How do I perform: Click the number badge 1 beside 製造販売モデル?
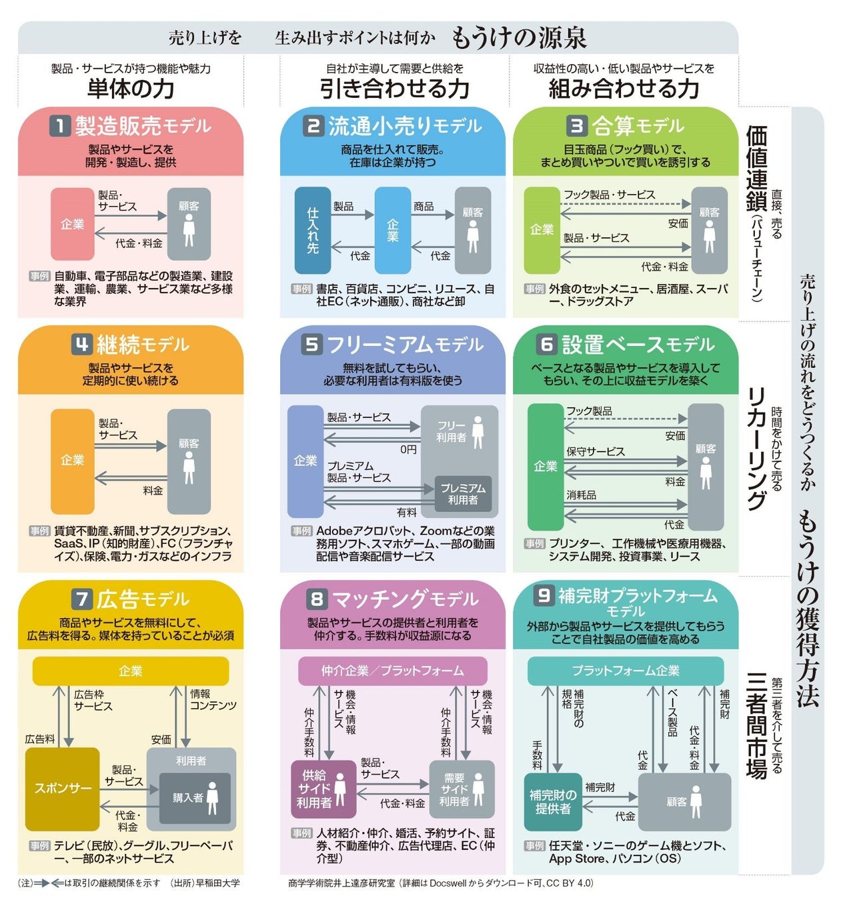[x=60, y=125]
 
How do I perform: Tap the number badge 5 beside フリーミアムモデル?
[x=311, y=344]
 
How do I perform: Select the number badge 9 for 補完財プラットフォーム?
[x=544, y=595]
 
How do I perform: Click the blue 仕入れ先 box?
[x=312, y=231]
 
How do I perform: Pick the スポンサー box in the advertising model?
[x=63, y=789]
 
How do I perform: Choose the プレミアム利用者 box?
[x=463, y=494]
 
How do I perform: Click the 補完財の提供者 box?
[x=553, y=801]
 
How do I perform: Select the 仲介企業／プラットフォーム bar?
[x=392, y=671]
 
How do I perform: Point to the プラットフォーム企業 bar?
[x=626, y=671]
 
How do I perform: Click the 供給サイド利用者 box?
[x=323, y=789]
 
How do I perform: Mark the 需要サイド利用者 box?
[x=462, y=789]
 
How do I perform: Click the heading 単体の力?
[x=131, y=88]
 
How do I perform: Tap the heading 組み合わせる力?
[x=624, y=88]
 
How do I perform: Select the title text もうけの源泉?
[x=519, y=38]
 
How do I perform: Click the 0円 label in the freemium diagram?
[x=408, y=449]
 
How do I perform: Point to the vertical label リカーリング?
[x=756, y=448]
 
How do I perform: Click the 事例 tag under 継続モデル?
[x=40, y=531]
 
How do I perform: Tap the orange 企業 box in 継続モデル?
[x=72, y=461]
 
